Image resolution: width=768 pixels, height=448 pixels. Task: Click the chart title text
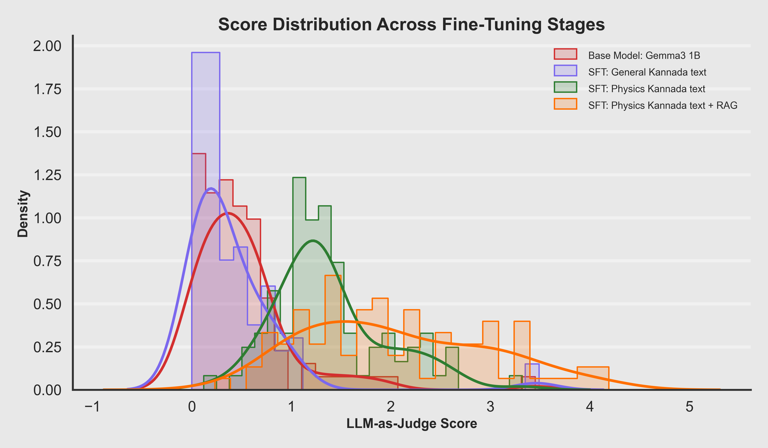tap(412, 24)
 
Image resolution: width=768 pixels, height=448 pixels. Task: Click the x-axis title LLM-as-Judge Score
tap(412, 424)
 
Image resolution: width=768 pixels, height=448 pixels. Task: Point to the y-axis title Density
tap(23, 213)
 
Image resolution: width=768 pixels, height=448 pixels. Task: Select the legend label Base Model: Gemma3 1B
tap(644, 55)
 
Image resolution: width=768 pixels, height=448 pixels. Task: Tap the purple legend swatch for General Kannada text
tap(565, 71)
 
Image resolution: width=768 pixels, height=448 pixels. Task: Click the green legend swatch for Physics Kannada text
tap(565, 87)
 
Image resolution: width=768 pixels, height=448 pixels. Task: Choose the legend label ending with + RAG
tap(663, 105)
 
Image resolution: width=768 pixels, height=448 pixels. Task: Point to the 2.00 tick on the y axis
tap(47, 46)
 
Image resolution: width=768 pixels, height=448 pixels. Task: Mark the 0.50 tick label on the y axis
tap(47, 304)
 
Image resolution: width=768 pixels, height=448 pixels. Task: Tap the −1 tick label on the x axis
tap(92, 407)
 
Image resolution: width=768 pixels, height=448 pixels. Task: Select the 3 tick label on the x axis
tap(490, 407)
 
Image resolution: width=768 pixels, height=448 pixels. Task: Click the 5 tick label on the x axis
tap(689, 407)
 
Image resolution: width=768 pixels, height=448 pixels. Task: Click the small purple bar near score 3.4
tap(532, 373)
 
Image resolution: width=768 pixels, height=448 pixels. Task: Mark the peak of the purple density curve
tap(211, 188)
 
